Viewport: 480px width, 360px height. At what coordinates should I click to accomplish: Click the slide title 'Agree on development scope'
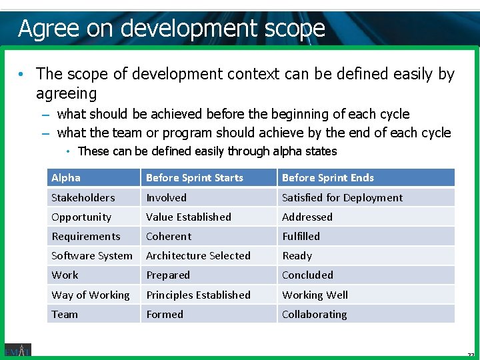[x=171, y=28]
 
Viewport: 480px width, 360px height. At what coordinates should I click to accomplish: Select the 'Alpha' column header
[x=66, y=177]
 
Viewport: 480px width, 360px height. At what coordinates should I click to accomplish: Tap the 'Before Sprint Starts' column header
[x=195, y=177]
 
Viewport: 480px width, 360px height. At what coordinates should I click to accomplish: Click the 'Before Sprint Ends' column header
[x=328, y=177]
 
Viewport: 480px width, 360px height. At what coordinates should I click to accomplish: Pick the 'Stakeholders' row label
[x=83, y=197]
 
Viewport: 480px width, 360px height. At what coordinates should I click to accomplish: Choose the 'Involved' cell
[x=167, y=197]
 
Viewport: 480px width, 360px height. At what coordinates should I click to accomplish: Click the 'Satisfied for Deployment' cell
[x=342, y=197]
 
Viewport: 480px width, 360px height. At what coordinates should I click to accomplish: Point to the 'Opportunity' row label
[x=81, y=217]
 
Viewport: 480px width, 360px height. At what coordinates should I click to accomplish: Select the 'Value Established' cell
[x=189, y=217]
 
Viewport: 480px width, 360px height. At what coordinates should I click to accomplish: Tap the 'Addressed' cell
[x=307, y=217]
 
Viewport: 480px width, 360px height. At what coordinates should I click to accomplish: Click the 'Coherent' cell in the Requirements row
[x=169, y=236]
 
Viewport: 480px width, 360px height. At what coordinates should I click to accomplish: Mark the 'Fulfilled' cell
[x=301, y=236]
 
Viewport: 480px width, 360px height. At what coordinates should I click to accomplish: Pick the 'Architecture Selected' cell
[x=198, y=255]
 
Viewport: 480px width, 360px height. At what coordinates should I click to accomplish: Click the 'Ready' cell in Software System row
[x=297, y=255]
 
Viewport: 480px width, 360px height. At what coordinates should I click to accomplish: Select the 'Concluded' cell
[x=307, y=275]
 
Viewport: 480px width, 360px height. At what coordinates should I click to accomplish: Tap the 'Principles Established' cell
[x=198, y=295]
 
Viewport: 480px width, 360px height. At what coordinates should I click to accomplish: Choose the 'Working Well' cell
[x=315, y=295]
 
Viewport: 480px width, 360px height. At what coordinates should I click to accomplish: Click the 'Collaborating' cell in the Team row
[x=314, y=314]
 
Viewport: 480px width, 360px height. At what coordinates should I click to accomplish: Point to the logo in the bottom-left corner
[x=17, y=350]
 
